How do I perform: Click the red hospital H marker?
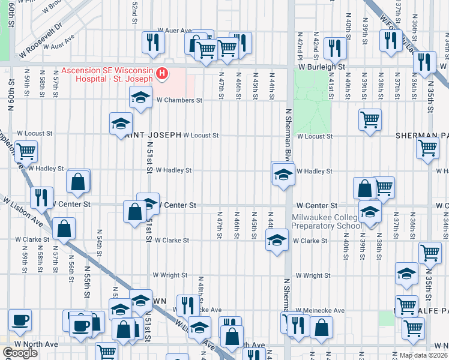[x=161, y=74]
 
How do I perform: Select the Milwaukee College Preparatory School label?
[x=326, y=221]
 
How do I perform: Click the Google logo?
[x=20, y=353]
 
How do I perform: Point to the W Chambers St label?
[x=179, y=100]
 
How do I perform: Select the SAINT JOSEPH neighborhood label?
[x=153, y=135]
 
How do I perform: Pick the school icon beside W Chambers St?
[x=140, y=97]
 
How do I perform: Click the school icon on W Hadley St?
[x=283, y=174]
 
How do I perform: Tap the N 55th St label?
[x=86, y=282]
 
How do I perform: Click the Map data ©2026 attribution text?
[x=423, y=355]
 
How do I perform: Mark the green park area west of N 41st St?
[x=322, y=114]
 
